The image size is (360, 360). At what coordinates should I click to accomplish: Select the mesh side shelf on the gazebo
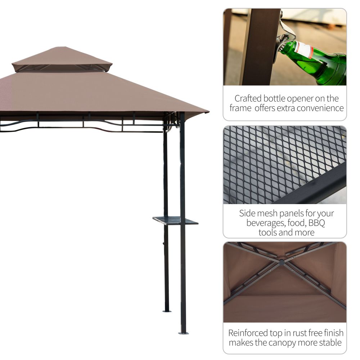175,220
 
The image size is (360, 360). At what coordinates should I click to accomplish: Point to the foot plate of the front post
183,333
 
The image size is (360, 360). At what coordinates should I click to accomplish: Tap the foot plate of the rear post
166,311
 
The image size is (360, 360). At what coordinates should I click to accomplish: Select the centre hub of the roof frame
282,262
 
